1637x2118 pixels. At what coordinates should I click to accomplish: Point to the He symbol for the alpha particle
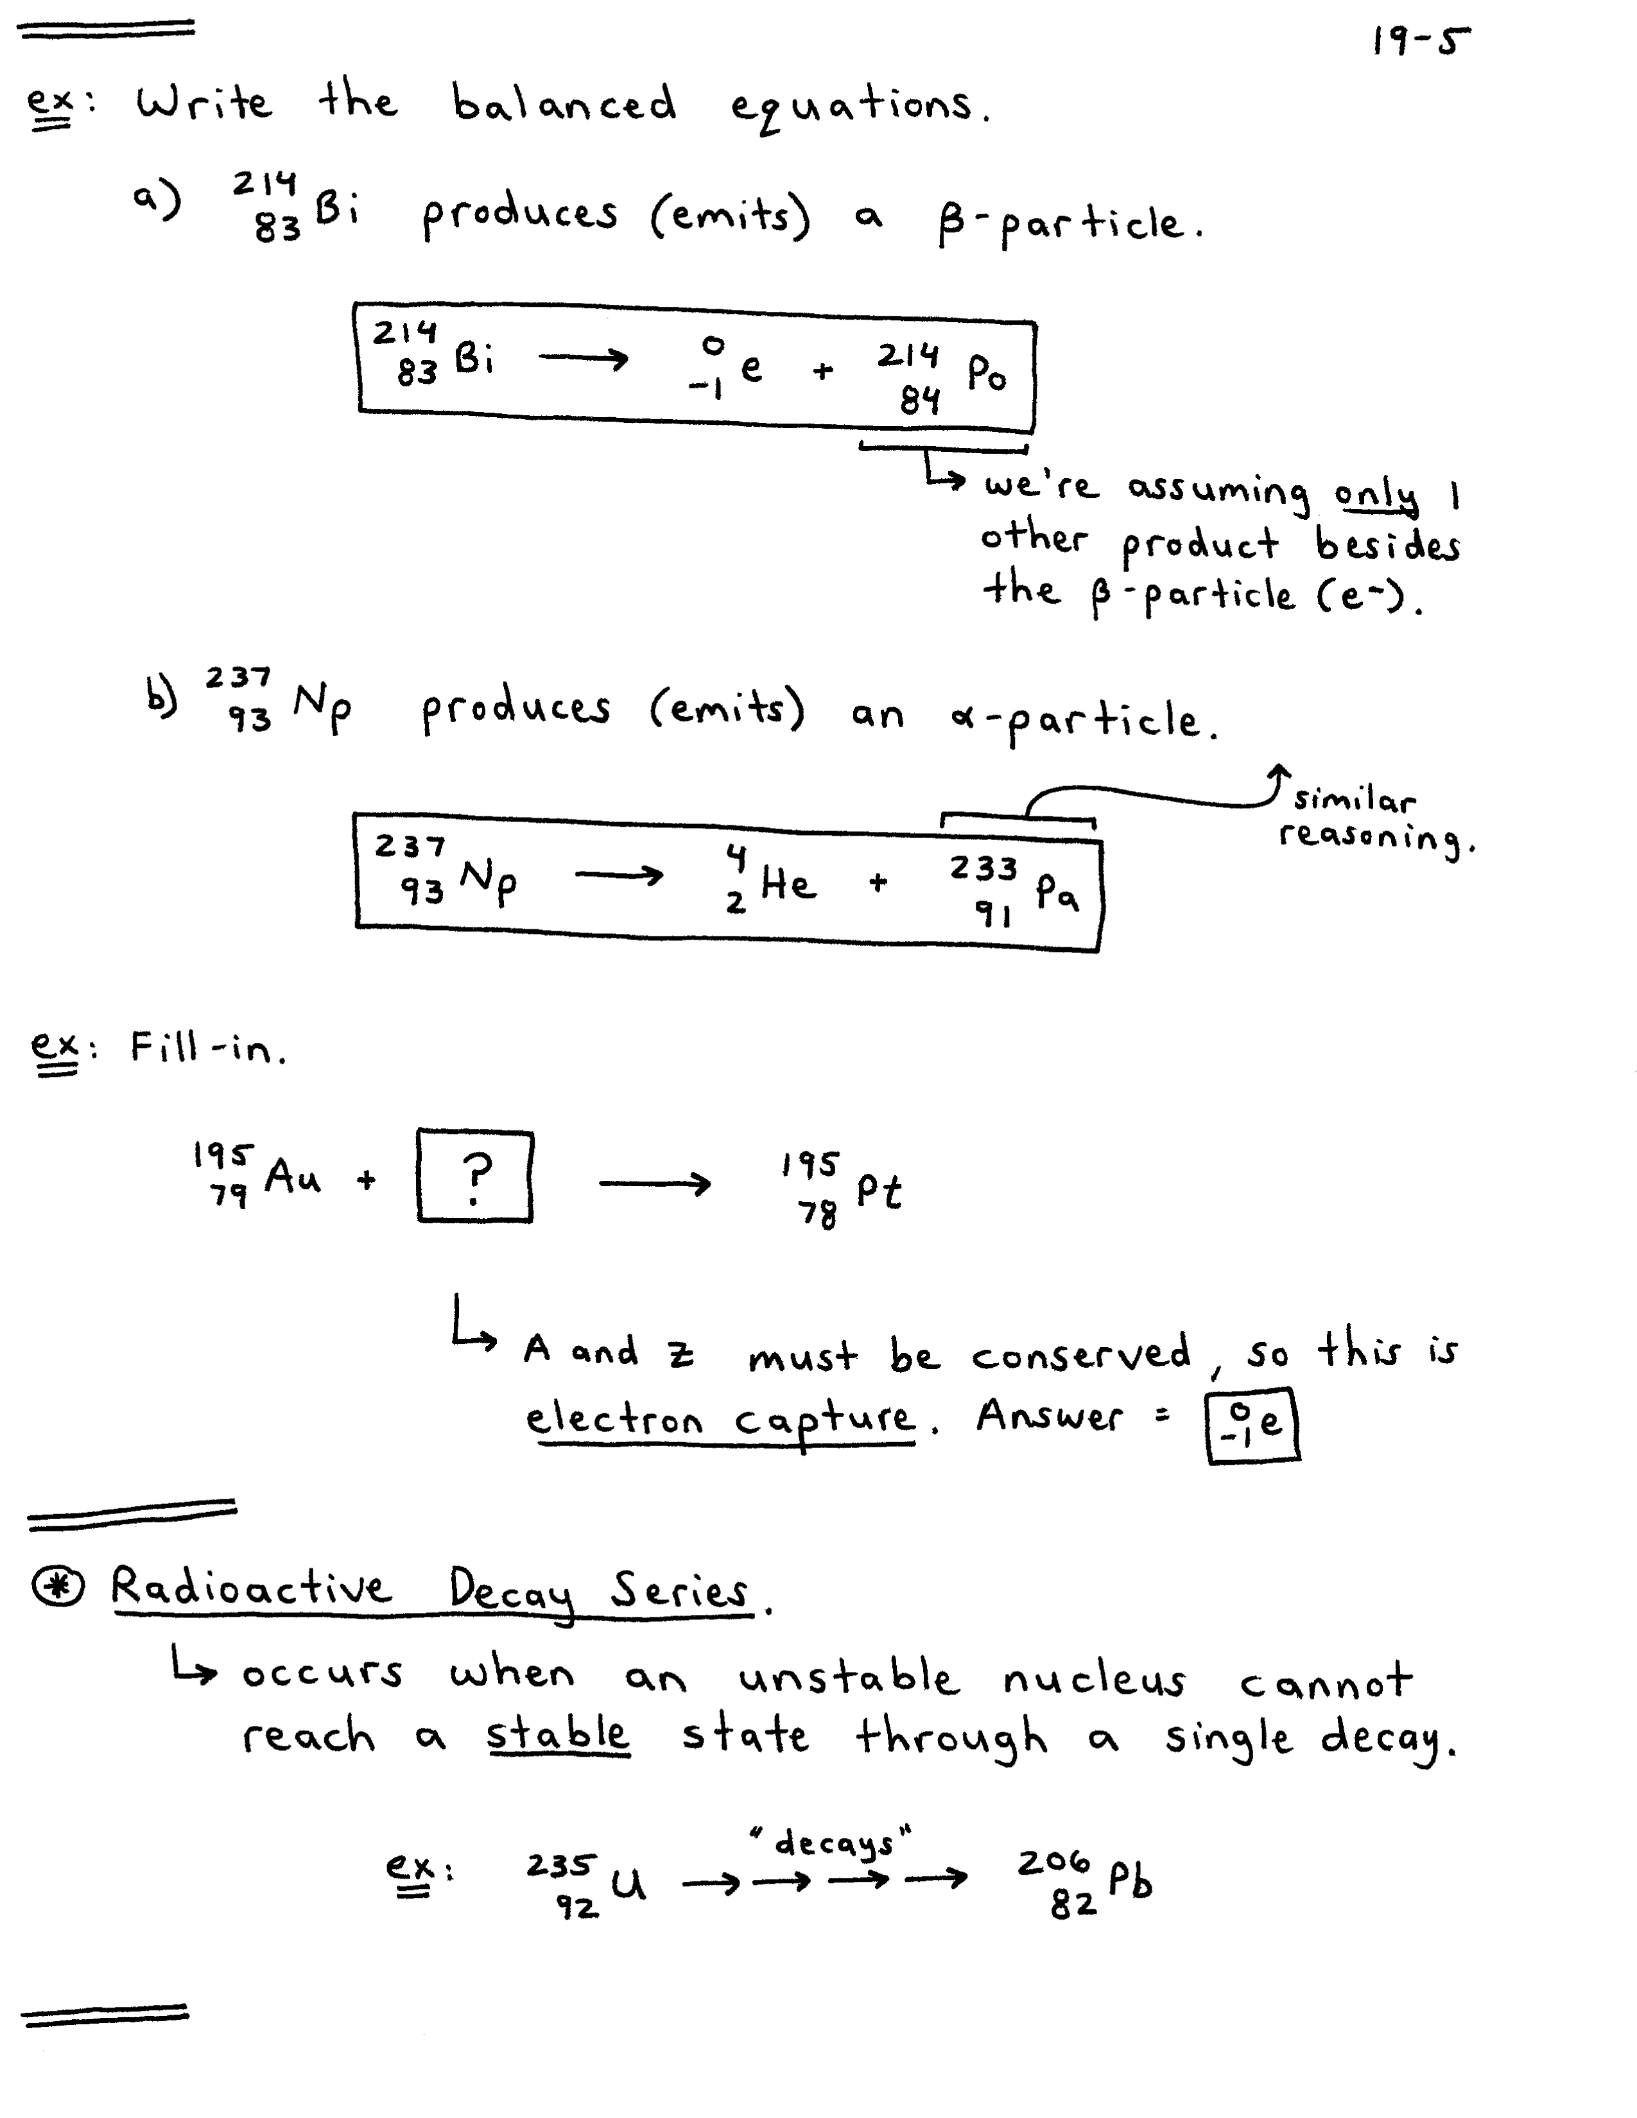(788, 884)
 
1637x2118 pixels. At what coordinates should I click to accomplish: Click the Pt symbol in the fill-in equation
(879, 1192)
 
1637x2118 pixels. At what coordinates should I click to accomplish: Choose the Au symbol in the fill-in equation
(292, 1176)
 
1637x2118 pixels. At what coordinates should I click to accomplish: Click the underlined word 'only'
(1375, 495)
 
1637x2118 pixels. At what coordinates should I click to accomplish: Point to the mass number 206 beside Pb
(1053, 1861)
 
